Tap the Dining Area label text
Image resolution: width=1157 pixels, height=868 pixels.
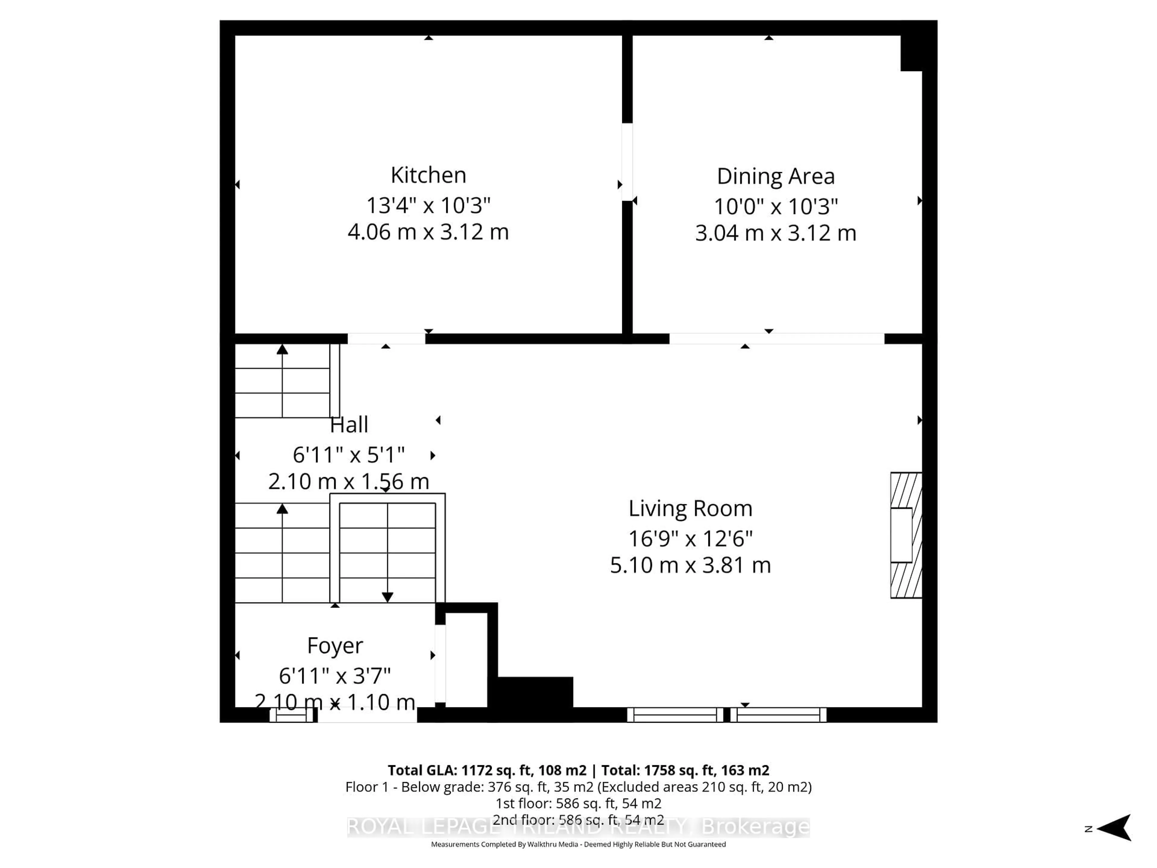775,176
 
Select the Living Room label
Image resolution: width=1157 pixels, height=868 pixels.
690,508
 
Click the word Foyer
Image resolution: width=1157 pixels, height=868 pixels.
335,646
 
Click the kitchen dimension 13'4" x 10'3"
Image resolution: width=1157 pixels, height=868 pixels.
428,205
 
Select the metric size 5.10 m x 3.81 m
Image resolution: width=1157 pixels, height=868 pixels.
690,565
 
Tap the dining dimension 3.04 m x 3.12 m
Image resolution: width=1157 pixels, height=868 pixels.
775,233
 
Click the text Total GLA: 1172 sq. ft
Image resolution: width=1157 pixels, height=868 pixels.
486,770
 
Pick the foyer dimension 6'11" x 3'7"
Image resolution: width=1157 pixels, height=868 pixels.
335,676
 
